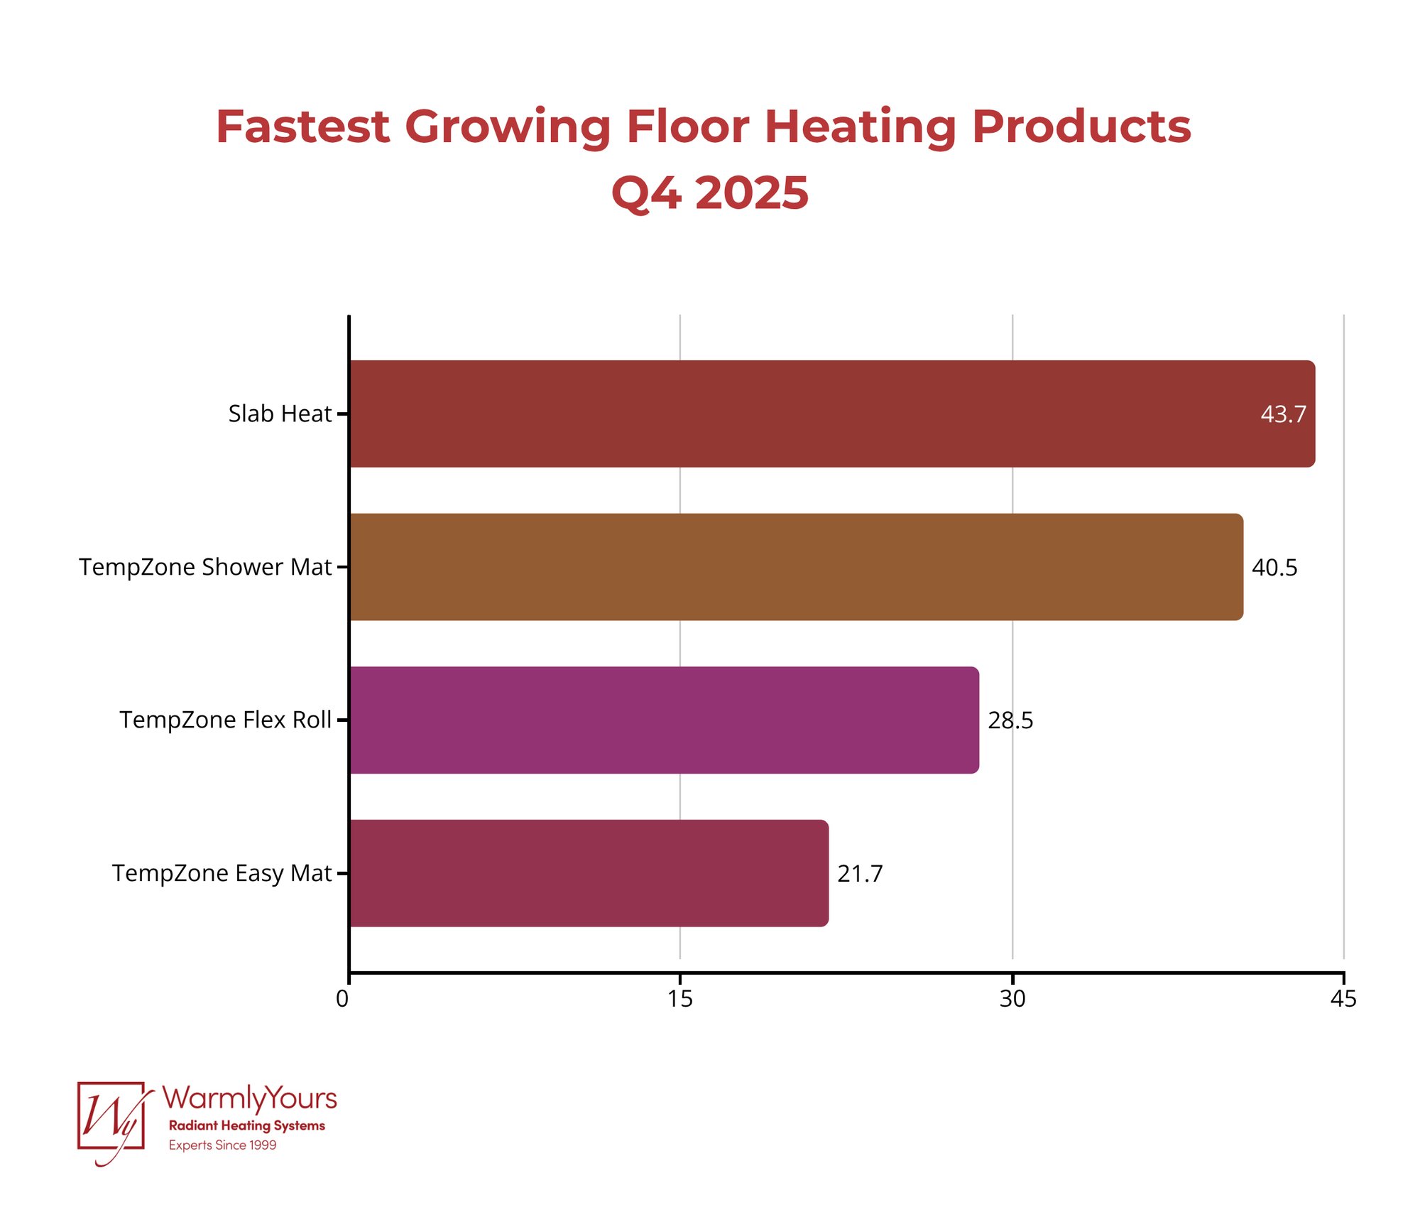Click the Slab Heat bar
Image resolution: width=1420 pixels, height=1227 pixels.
(x=831, y=413)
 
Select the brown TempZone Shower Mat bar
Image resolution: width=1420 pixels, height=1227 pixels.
(x=795, y=567)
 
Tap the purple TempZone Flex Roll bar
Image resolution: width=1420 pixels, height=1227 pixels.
(x=664, y=720)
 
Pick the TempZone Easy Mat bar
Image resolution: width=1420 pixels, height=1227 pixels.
(x=589, y=873)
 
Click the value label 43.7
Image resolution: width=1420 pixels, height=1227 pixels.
(x=1283, y=414)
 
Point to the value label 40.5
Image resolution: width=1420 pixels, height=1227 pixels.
(x=1274, y=568)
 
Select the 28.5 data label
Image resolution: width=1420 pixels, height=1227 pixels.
(x=1010, y=720)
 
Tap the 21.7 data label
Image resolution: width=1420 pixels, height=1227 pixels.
(x=860, y=874)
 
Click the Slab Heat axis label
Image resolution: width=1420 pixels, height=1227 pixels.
(x=280, y=413)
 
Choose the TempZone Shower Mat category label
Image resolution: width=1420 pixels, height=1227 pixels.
(x=205, y=567)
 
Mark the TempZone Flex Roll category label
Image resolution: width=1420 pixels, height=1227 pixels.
(x=225, y=720)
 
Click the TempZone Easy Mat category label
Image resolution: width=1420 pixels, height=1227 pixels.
(x=222, y=873)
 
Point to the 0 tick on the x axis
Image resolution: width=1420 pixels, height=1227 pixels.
(x=342, y=999)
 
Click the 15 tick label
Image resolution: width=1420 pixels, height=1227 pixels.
(x=680, y=999)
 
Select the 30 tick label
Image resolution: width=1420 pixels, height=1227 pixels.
(x=1012, y=999)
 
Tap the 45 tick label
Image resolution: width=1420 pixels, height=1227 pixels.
(x=1343, y=999)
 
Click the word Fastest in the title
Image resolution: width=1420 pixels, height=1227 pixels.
(x=302, y=127)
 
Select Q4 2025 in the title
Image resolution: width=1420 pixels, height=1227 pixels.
(x=709, y=193)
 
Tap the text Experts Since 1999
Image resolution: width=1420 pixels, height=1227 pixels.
(x=222, y=1145)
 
